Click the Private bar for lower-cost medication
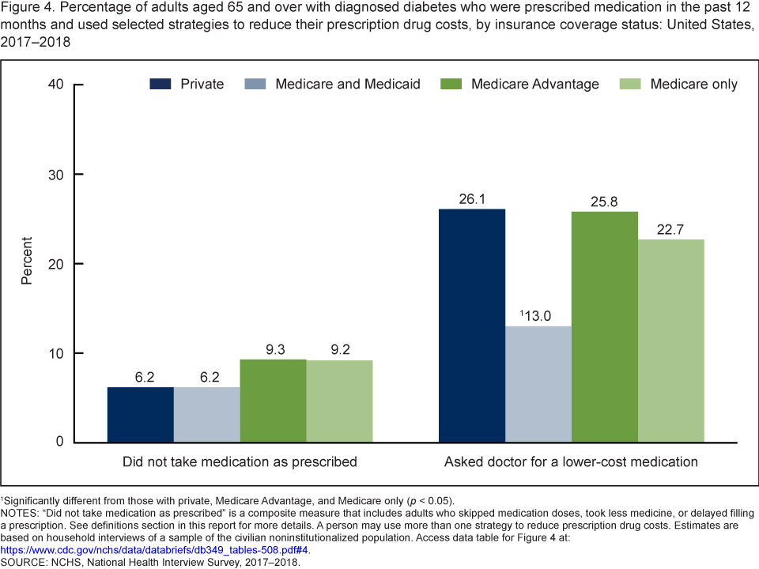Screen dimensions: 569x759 click(x=472, y=325)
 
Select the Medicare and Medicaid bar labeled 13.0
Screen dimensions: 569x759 click(x=538, y=384)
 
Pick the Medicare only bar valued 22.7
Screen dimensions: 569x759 click(x=671, y=340)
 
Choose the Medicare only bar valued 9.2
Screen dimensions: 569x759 click(x=340, y=401)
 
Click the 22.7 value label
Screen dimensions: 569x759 click(x=671, y=230)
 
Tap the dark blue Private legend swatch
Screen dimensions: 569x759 click(x=160, y=84)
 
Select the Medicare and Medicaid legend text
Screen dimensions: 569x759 click(x=347, y=84)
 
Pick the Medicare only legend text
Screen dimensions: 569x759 click(x=693, y=84)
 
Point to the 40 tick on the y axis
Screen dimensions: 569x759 click(x=55, y=85)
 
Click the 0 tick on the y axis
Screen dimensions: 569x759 click(x=59, y=442)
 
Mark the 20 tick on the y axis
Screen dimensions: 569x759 click(x=55, y=263)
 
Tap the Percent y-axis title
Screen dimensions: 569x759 click(x=27, y=261)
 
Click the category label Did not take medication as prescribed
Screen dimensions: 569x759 click(x=240, y=462)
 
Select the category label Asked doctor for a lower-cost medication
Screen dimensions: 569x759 click(x=571, y=462)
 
